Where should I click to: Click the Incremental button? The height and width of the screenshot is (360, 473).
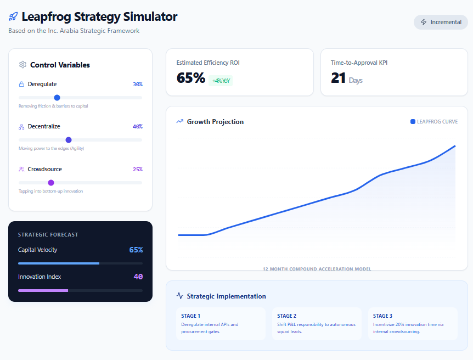[x=441, y=22]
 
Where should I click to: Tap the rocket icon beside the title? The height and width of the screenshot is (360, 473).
[x=13, y=16]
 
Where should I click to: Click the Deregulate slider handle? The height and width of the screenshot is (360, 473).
[x=57, y=98]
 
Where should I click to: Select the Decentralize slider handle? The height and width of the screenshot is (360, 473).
[x=69, y=140]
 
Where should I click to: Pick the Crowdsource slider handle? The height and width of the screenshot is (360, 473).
[x=51, y=183]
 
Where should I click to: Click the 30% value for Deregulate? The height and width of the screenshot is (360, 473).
[x=138, y=84]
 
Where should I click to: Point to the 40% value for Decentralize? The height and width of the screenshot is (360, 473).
[x=138, y=126]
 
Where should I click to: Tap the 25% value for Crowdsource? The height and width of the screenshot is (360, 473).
[x=138, y=169]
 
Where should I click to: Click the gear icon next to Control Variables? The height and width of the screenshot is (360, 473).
[x=22, y=65]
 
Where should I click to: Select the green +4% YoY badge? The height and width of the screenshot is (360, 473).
[x=221, y=81]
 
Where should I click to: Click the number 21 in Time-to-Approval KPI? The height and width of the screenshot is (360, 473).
[x=338, y=78]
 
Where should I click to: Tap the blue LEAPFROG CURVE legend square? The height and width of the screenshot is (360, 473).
[x=413, y=122]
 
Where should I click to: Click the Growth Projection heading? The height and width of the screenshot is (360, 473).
[x=215, y=122]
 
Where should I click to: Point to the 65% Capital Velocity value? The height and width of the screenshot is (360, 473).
[x=136, y=250]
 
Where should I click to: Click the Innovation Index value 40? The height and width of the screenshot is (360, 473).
[x=138, y=277]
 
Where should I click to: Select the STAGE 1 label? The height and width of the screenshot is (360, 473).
[x=190, y=316]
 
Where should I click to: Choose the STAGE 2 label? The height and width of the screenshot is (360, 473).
[x=286, y=316]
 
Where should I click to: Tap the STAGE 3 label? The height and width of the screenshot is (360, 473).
[x=382, y=316]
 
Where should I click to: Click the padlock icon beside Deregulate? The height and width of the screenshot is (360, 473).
[x=21, y=84]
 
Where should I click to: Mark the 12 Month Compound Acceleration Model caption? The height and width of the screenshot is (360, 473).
[x=317, y=268]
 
